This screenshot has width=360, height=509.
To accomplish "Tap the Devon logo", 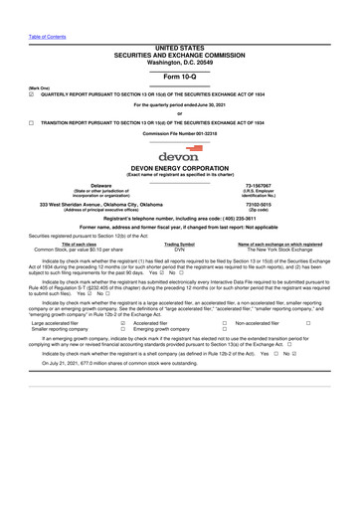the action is pos(179,156).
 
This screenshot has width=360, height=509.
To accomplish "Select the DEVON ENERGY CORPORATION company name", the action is pos(180,170).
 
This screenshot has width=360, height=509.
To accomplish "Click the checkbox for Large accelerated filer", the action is pos(122,323).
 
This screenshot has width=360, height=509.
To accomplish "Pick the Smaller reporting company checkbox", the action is pos(122,330).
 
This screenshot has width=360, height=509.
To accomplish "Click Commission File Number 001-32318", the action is pos(180,132).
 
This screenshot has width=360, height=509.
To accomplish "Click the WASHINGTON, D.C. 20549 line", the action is pos(180,62).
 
